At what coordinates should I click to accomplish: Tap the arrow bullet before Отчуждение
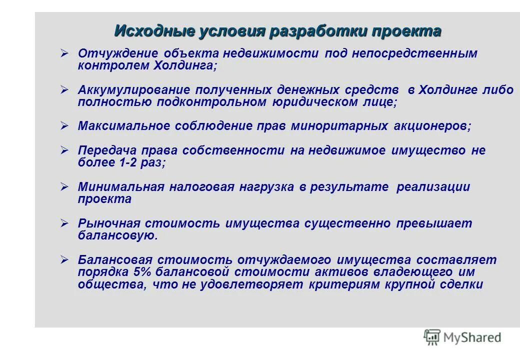(64, 52)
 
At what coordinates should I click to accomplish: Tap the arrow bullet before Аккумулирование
(64, 89)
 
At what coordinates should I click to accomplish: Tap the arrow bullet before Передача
(64, 149)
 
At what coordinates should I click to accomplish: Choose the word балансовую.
(117, 235)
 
